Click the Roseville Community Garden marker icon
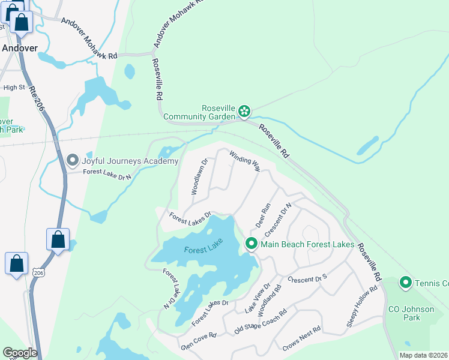pyautogui.click(x=244, y=110)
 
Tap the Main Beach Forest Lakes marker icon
pyautogui.click(x=251, y=244)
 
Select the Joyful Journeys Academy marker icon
pyautogui.click(x=73, y=160)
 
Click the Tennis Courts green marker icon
pyautogui.click(x=406, y=282)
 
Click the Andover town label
pyautogui.click(x=19, y=48)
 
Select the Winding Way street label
pyautogui.click(x=244, y=160)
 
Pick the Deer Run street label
pyautogui.click(x=264, y=214)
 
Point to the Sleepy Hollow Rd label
pyautogui.click(x=361, y=306)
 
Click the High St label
pyautogui.click(x=14, y=87)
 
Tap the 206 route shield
pyautogui.click(x=39, y=272)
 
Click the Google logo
pyautogui.click(x=20, y=353)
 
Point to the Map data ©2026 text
pyautogui.click(x=423, y=355)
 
